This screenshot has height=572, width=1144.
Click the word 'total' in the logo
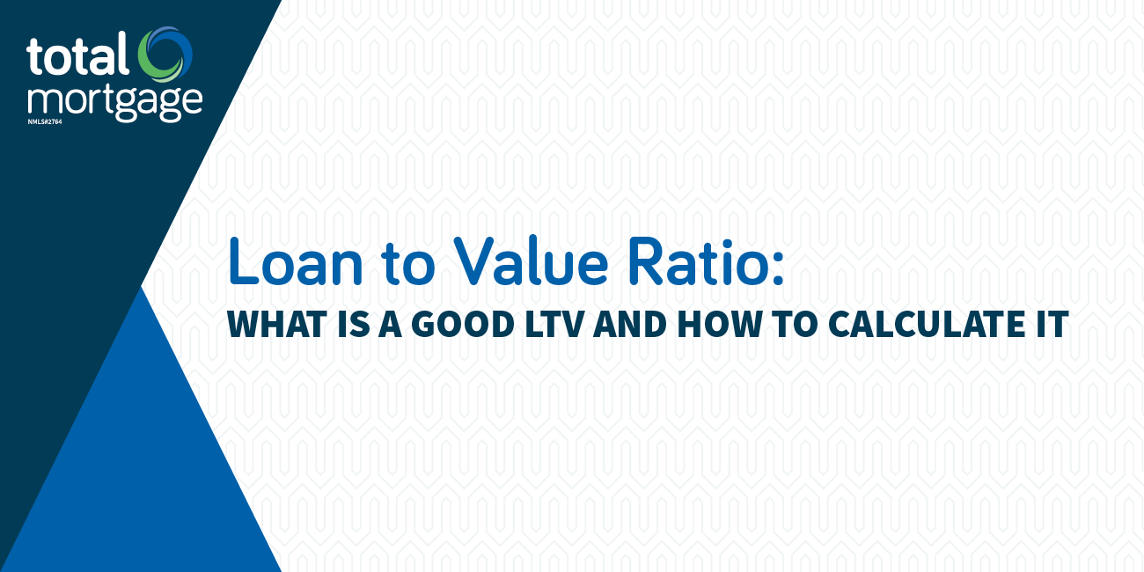pos(77,55)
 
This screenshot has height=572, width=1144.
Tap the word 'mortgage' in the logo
pos(115,103)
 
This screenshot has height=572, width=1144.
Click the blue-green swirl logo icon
pos(165,55)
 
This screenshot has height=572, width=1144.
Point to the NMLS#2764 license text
pos(45,122)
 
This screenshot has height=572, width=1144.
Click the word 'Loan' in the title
pos(296,261)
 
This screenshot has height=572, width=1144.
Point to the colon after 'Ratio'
pos(778,269)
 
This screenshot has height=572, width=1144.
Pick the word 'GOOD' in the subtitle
pos(463,324)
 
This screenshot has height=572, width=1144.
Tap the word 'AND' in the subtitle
pos(629,324)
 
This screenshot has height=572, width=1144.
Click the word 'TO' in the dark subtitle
pos(795,324)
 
